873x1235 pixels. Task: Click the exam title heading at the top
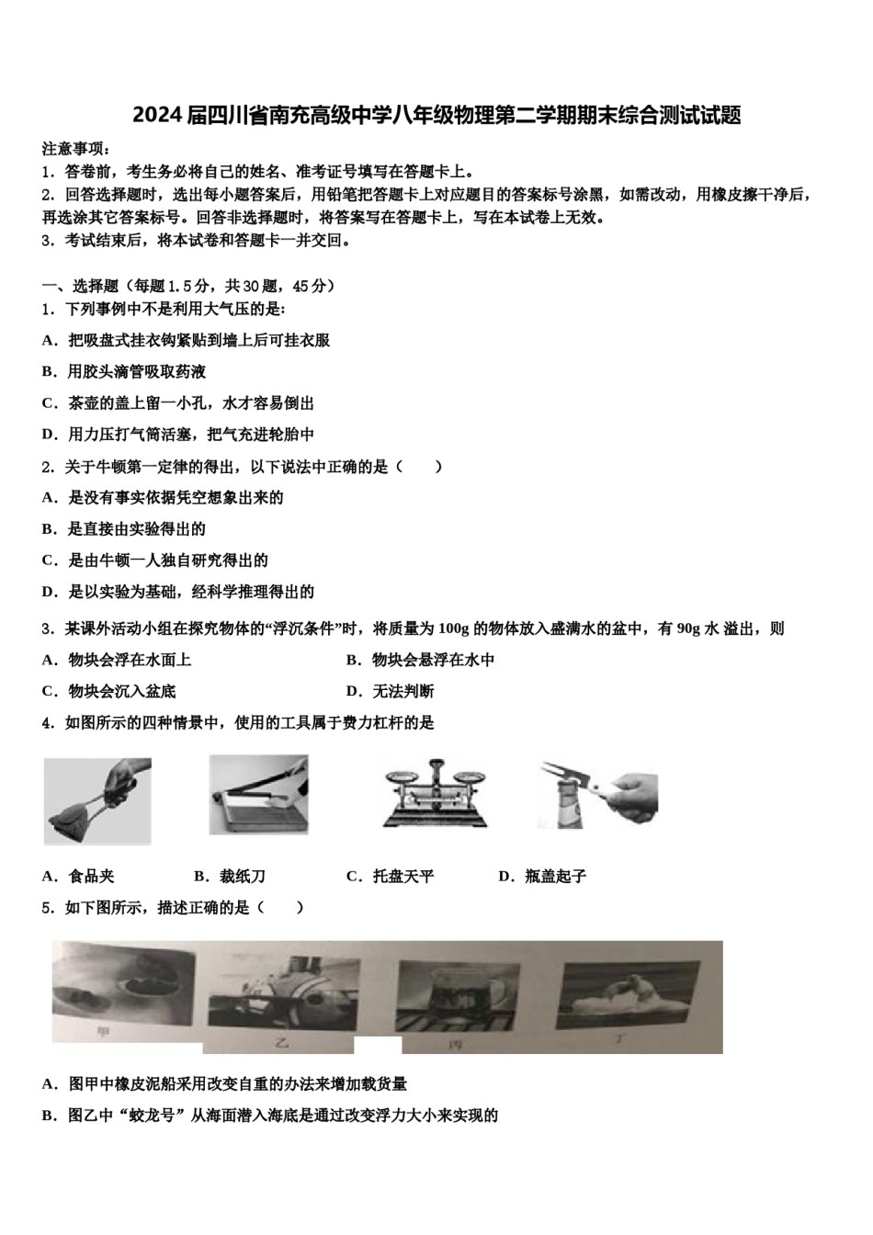click(436, 116)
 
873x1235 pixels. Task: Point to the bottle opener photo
click(597, 792)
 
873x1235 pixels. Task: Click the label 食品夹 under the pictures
click(91, 877)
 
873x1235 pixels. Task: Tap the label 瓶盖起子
click(555, 877)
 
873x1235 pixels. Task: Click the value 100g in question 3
click(454, 629)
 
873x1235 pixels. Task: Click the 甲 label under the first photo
click(103, 1032)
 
